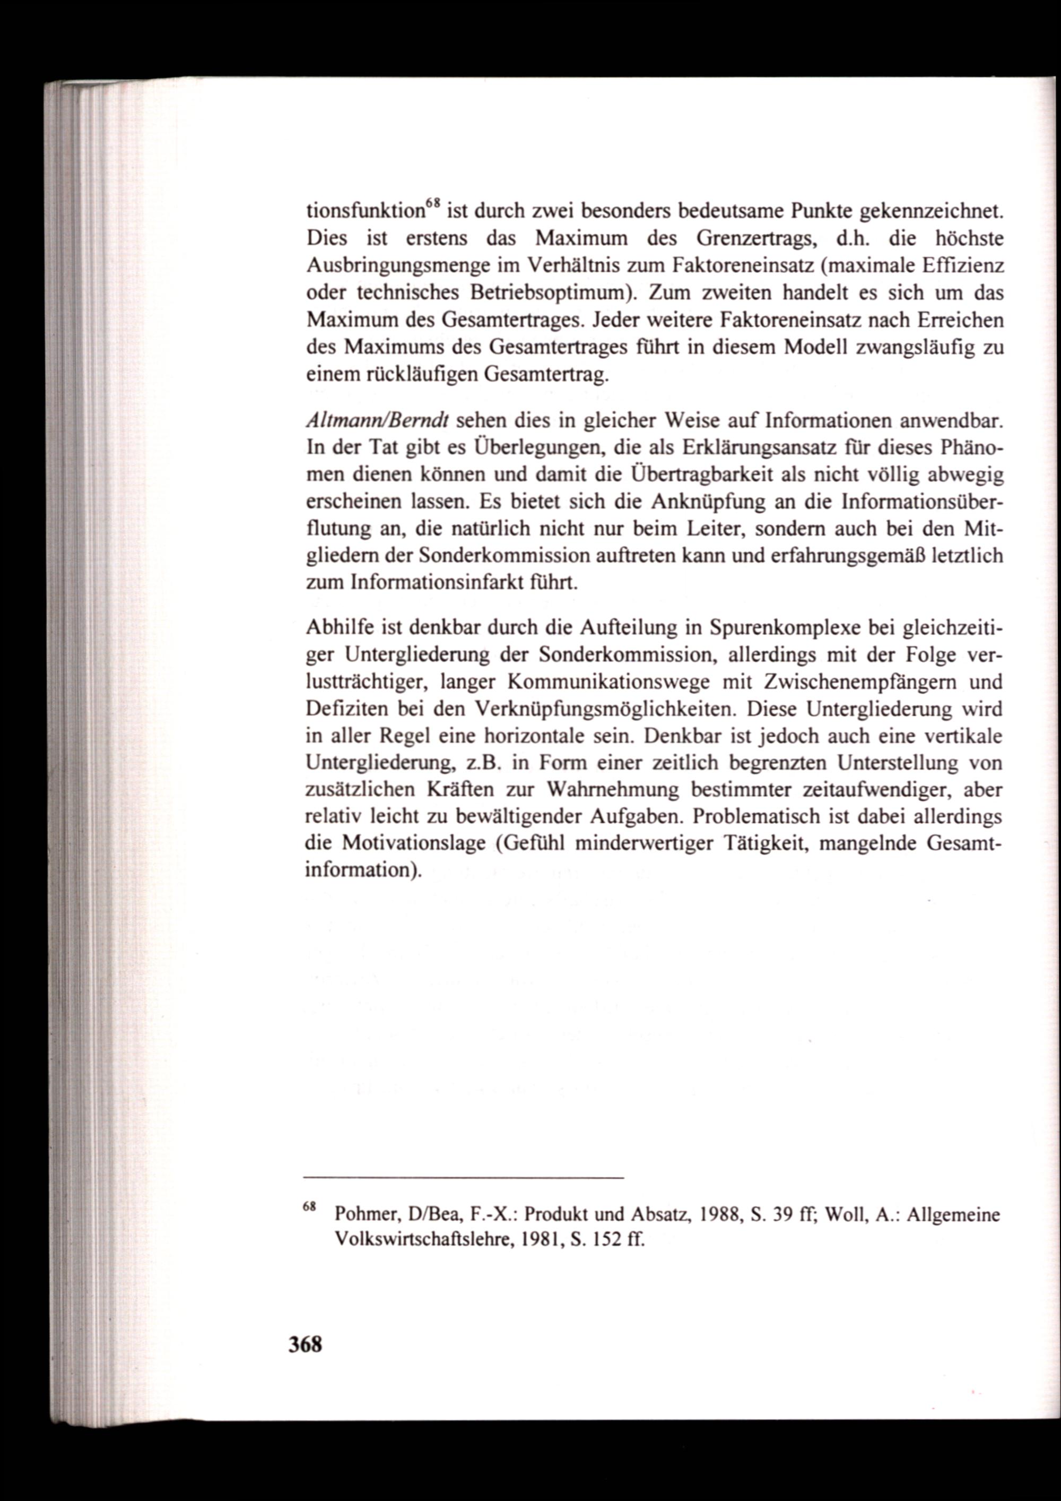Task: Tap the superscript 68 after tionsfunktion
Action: pyautogui.click(x=432, y=204)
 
